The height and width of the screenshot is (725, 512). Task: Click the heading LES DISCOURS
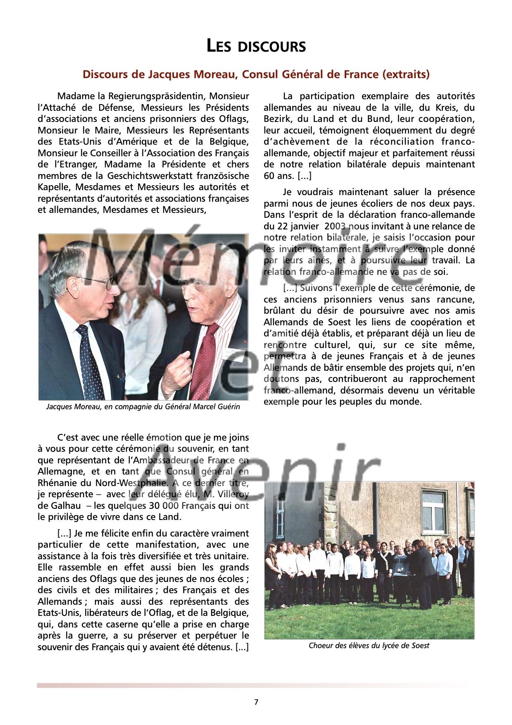256,46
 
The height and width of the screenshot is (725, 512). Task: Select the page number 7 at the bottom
256,702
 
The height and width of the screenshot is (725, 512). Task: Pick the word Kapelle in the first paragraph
52,187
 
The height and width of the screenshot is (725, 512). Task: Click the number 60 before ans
271,176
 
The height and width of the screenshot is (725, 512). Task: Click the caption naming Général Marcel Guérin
143,407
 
